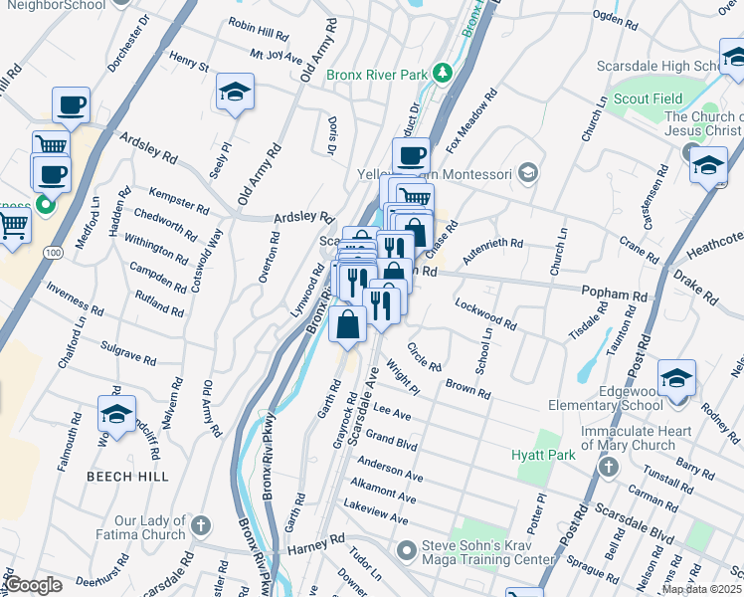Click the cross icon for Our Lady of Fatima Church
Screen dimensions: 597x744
tap(200, 523)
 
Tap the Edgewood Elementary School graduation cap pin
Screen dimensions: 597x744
tap(676, 380)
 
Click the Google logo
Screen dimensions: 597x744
tap(33, 585)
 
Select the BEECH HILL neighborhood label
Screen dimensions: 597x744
tap(127, 477)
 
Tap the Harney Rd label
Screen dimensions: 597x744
tap(314, 546)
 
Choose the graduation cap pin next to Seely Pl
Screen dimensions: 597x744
tap(236, 94)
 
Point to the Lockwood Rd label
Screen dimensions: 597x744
tap(485, 313)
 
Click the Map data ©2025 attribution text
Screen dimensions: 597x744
tap(701, 589)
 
